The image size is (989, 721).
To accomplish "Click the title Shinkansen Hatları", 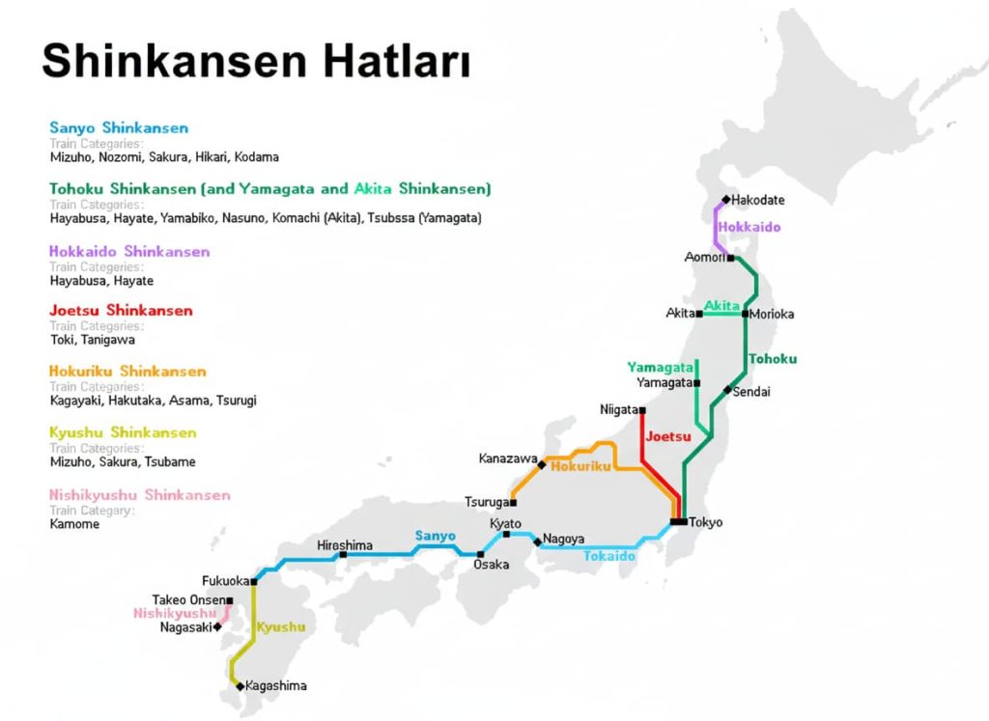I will coord(256,61).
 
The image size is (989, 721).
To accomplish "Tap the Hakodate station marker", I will coord(725,200).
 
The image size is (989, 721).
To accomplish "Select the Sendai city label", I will coord(752,392).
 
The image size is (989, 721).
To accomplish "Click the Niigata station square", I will coord(642,410).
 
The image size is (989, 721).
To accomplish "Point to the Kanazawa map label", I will coord(507,458).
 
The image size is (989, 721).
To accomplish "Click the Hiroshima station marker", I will coord(343,555).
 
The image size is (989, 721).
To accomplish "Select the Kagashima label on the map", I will coord(276,686).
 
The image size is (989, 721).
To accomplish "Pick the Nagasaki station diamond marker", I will coord(217,626).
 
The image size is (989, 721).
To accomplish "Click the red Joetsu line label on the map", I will coord(668,436).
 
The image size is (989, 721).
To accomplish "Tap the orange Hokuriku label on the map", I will coord(580,466).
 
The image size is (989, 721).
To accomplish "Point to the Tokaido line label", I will coord(609,556).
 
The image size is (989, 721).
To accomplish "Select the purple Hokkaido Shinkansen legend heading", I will coord(129,252).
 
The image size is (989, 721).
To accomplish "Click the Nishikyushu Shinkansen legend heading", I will coord(140,495).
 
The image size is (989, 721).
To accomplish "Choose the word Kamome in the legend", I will coord(74,524).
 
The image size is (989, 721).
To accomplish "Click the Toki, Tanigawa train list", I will coord(93,340).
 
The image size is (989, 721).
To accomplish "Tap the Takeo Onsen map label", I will coord(187,600).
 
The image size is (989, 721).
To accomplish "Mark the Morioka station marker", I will coord(745,314).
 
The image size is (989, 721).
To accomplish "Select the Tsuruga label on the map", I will coord(487,503).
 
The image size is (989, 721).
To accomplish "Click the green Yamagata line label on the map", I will coord(661,368).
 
